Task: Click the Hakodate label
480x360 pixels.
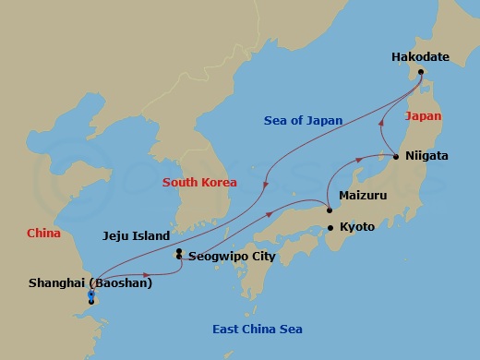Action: point(420,57)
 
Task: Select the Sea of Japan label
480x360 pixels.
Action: point(303,121)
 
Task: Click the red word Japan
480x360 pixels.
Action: point(423,116)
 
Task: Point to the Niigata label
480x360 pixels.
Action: point(426,156)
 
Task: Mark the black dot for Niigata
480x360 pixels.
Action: point(396,157)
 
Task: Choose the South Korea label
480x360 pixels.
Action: point(199,182)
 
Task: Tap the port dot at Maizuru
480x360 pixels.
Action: point(330,210)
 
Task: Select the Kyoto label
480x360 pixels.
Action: point(357,226)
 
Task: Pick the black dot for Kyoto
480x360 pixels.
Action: point(330,227)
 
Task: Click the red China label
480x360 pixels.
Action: point(43,234)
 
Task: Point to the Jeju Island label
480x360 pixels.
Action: point(136,235)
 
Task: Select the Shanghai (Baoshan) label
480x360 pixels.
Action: point(90,282)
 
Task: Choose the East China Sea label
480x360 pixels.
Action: point(257,330)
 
